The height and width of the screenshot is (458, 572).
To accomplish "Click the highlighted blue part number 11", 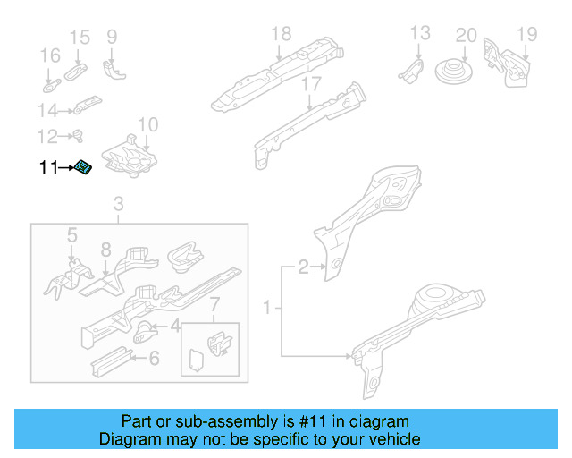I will pos(83,167).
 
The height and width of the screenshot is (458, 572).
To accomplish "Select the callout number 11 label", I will pos(47,167).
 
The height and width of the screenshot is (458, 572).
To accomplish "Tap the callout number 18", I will pos(282,34).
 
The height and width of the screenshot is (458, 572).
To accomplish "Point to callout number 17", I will pos(310,84).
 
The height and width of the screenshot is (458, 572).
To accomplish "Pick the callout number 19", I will pos(526,35).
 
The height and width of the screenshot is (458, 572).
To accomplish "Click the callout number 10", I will pos(148,124).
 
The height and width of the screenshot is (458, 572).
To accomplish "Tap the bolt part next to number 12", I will pos(75,137).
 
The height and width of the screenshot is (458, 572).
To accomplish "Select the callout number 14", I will pos(47,110).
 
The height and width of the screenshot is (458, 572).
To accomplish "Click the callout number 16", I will pos(48,57).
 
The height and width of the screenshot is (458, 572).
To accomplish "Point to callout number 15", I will pos(80,37).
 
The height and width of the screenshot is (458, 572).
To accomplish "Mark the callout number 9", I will pos(112,37).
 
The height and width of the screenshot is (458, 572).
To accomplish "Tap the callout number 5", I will pos(72,235).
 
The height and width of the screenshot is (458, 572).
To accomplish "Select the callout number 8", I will pos(105,250).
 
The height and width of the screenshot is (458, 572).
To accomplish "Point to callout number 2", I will pos(303,266).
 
